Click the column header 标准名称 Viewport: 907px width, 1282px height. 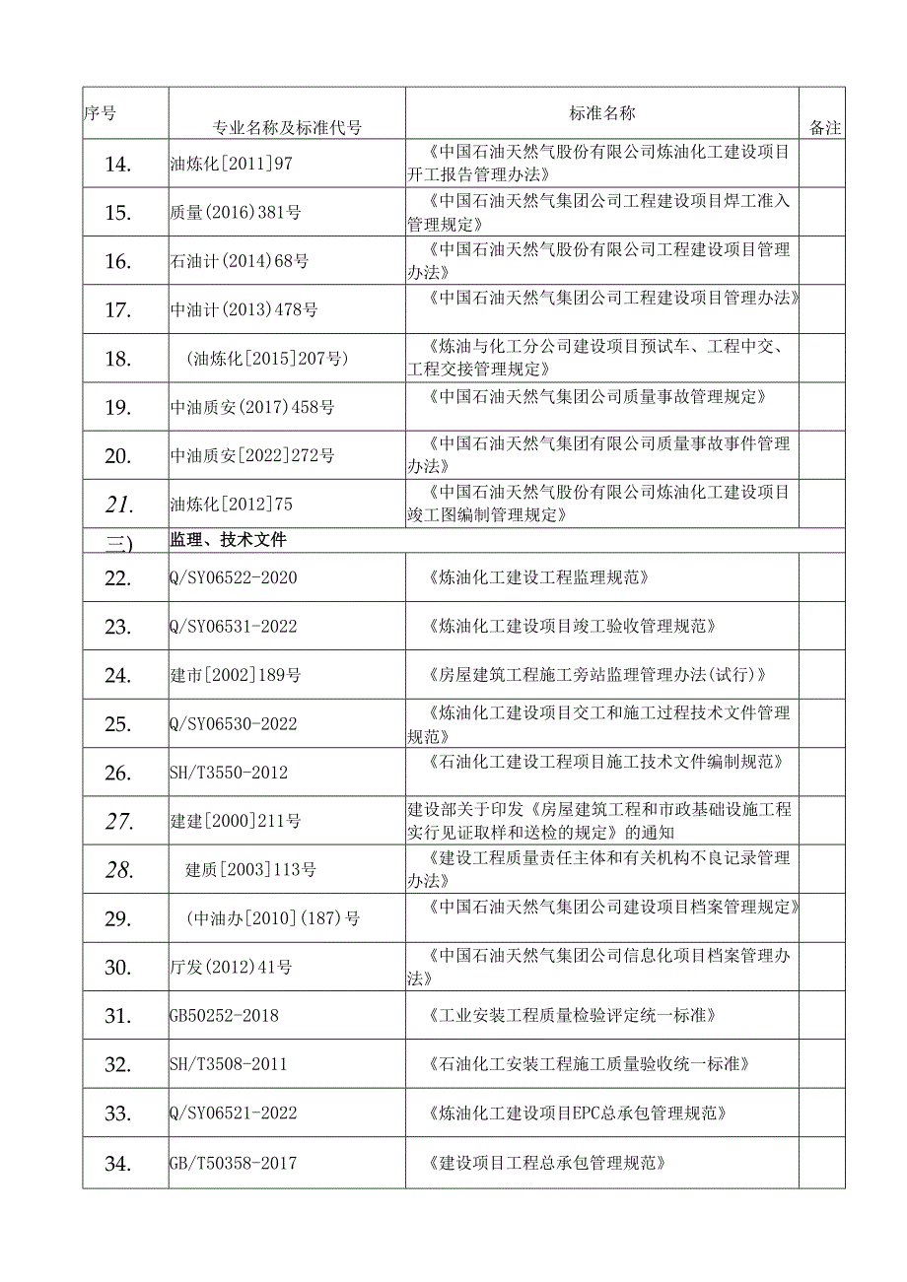pos(602,113)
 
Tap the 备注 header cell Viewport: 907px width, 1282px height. pos(824,127)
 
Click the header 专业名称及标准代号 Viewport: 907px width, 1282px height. pos(287,127)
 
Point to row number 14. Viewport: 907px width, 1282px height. pos(117,164)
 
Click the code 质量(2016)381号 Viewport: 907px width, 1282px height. pos(241,212)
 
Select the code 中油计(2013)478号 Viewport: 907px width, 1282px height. pos(244,309)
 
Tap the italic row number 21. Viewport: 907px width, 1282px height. pos(118,505)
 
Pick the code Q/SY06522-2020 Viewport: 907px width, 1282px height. pos(234,577)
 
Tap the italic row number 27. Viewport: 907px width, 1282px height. pos(118,821)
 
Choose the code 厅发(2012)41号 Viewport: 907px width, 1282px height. pos(232,967)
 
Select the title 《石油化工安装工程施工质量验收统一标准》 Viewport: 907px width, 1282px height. pos(590,1064)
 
